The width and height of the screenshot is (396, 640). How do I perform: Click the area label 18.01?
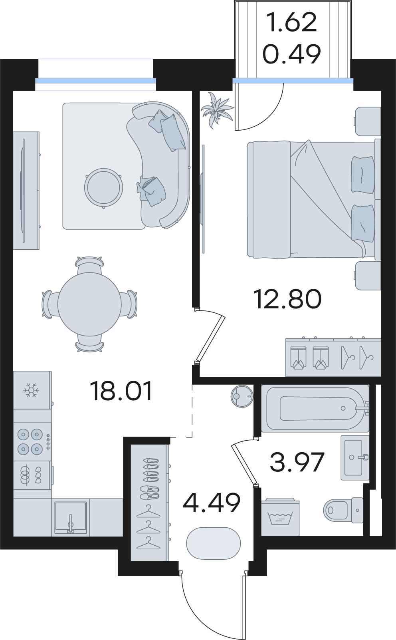coord(121,391)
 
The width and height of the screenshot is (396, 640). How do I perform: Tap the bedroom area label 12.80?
coord(287,299)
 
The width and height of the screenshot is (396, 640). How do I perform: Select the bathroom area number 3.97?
coord(297,462)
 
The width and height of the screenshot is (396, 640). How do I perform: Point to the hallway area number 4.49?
coord(212,503)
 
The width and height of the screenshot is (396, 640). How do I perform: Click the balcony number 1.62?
coord(291,22)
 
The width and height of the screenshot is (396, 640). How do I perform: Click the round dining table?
coord(89,304)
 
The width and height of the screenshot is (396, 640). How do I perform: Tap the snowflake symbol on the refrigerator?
coord(32,390)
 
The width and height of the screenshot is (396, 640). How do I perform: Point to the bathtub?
coord(315,408)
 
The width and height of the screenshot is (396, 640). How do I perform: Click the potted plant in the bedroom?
coord(217,110)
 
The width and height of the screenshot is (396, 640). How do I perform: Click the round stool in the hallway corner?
coord(242,397)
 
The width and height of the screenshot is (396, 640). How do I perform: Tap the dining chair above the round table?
coord(89,265)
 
